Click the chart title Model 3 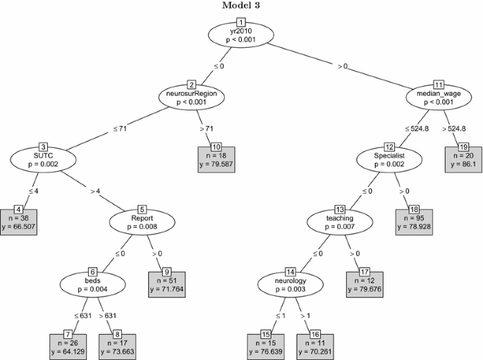click(x=241, y=6)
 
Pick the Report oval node click(x=142, y=222)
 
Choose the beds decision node click(x=92, y=284)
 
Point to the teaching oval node click(x=339, y=223)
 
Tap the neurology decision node click(x=290, y=285)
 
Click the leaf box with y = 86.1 click(x=463, y=160)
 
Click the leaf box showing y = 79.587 click(x=216, y=160)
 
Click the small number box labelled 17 click(x=364, y=271)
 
